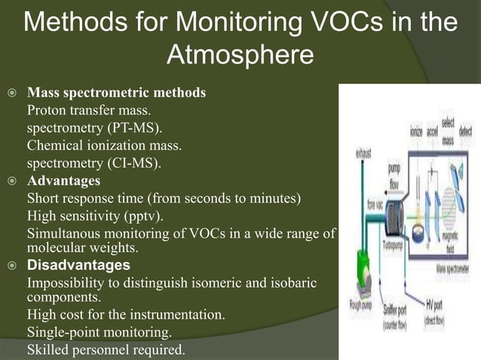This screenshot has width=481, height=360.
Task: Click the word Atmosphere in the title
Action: (240, 55)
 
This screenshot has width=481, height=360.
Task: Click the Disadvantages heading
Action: (78, 265)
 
